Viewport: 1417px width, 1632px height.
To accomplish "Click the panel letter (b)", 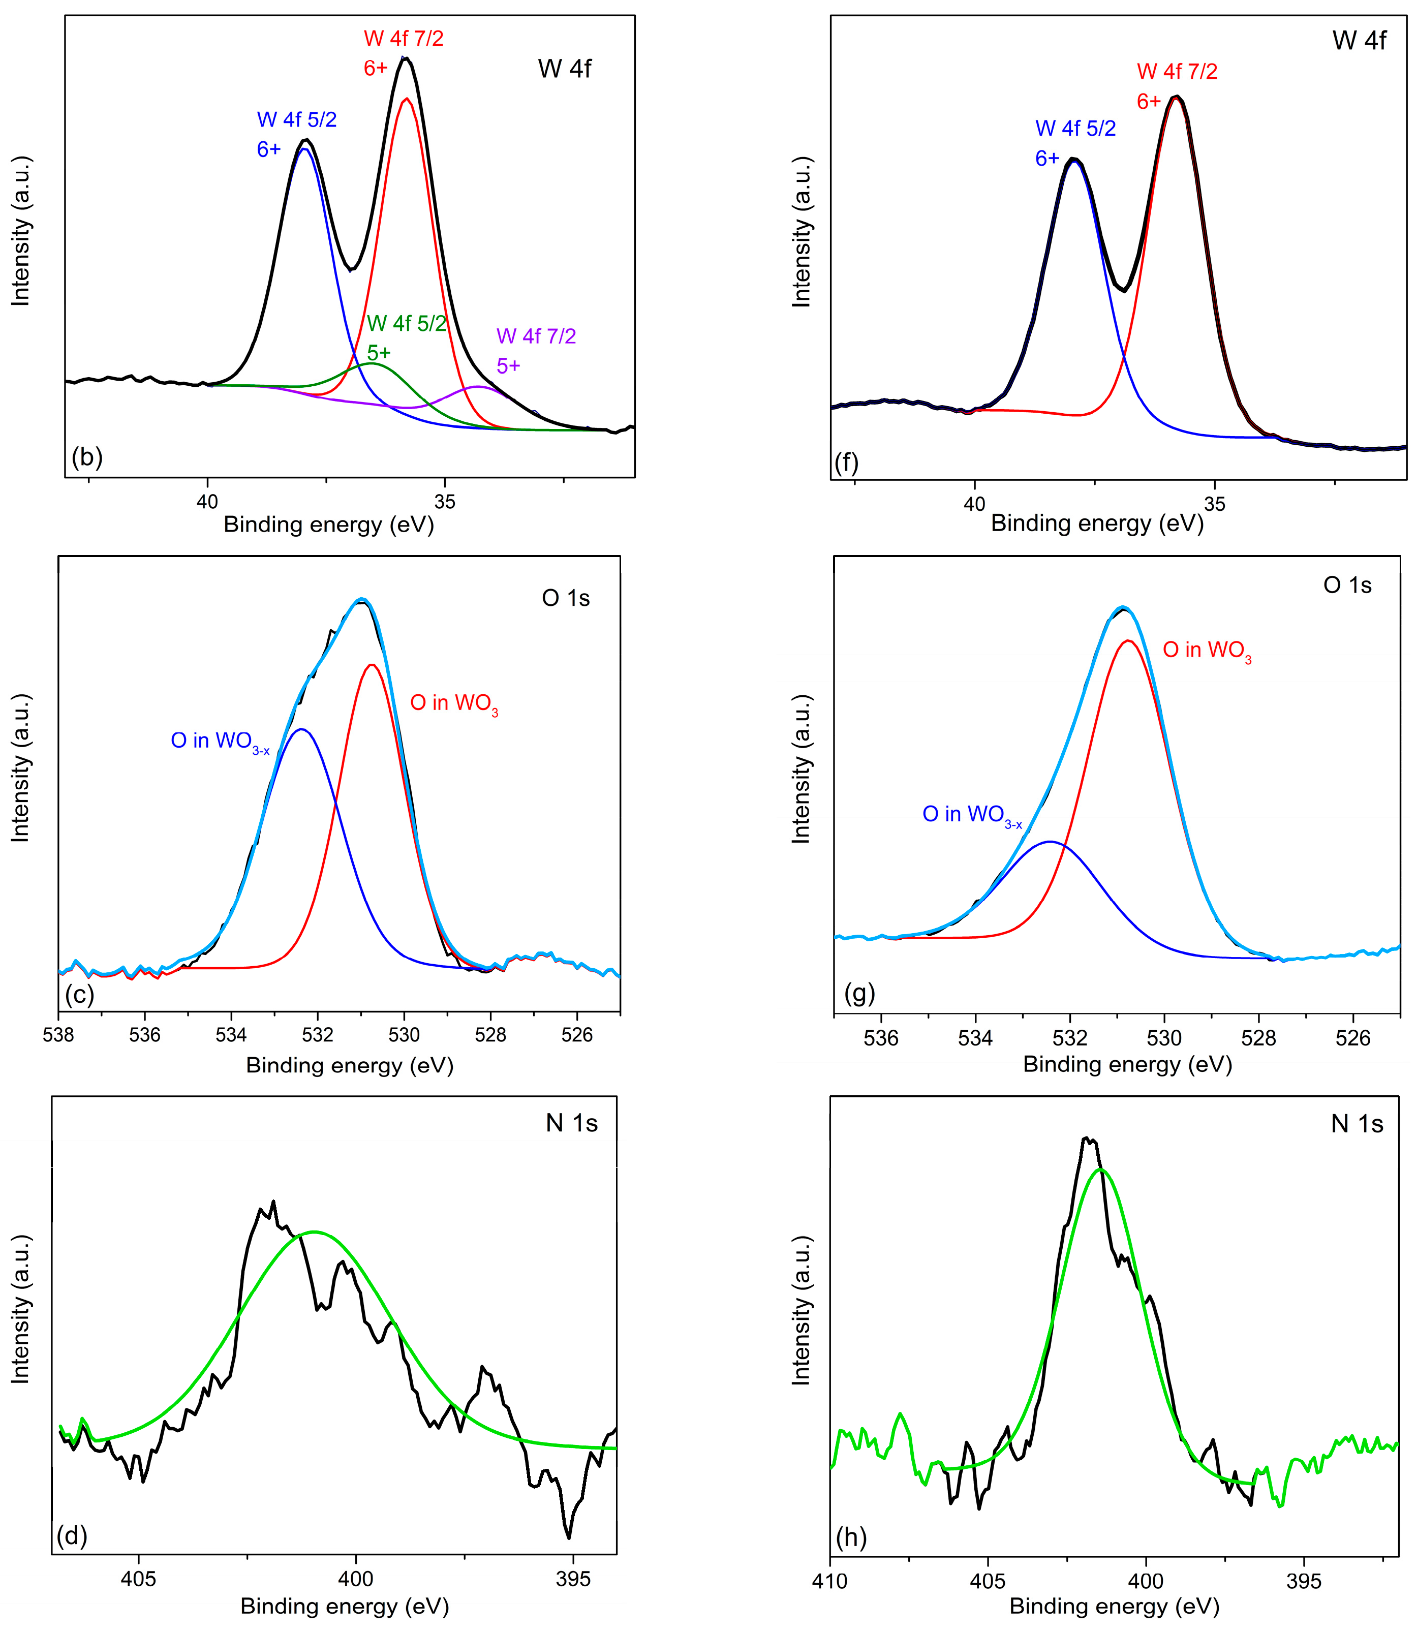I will [87, 457].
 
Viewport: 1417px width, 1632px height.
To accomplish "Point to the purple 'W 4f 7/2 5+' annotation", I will [535, 350].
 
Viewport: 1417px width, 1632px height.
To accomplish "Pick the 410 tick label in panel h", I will [829, 1581].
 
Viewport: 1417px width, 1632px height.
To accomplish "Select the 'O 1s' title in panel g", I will [1347, 585].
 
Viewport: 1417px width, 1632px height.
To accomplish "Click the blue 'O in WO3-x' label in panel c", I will [220, 742].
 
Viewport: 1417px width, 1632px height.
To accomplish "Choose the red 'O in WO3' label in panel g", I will [1207, 651].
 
